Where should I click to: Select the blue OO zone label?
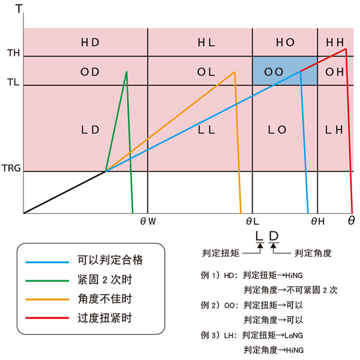274,71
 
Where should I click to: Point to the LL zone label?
206,130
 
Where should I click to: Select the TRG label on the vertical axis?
11,170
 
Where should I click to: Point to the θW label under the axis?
148,221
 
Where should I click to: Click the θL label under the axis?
251,221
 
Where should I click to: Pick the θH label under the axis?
317,221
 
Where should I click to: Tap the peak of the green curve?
127,72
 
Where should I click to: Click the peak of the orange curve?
234,73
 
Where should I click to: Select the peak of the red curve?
346,49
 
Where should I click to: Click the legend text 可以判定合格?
110,260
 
